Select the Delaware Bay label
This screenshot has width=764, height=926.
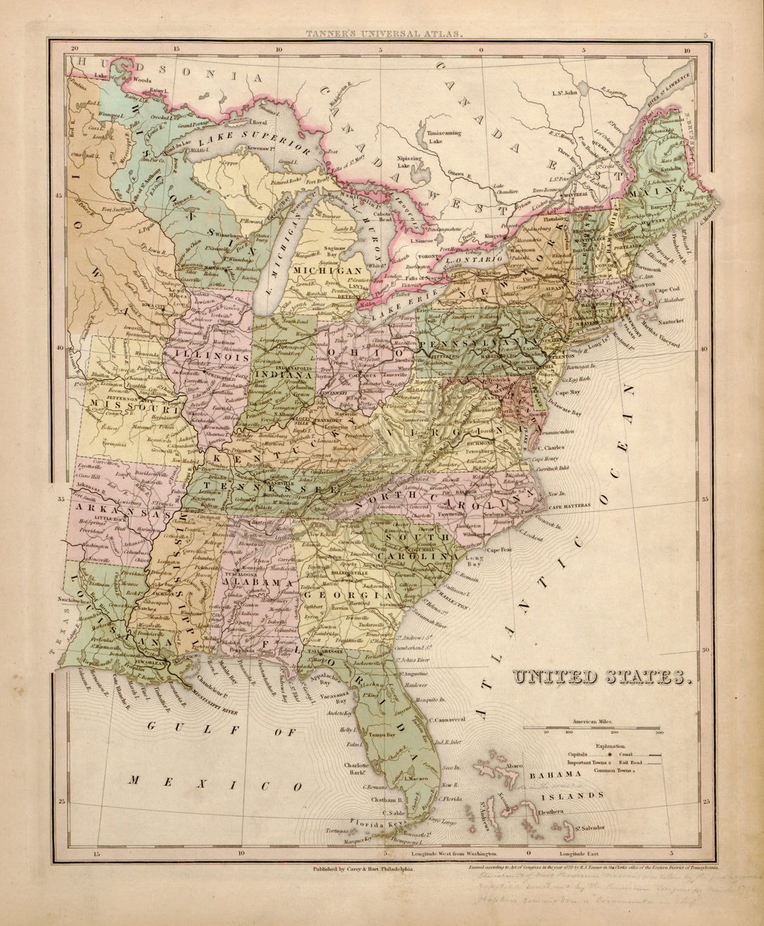click(x=572, y=411)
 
